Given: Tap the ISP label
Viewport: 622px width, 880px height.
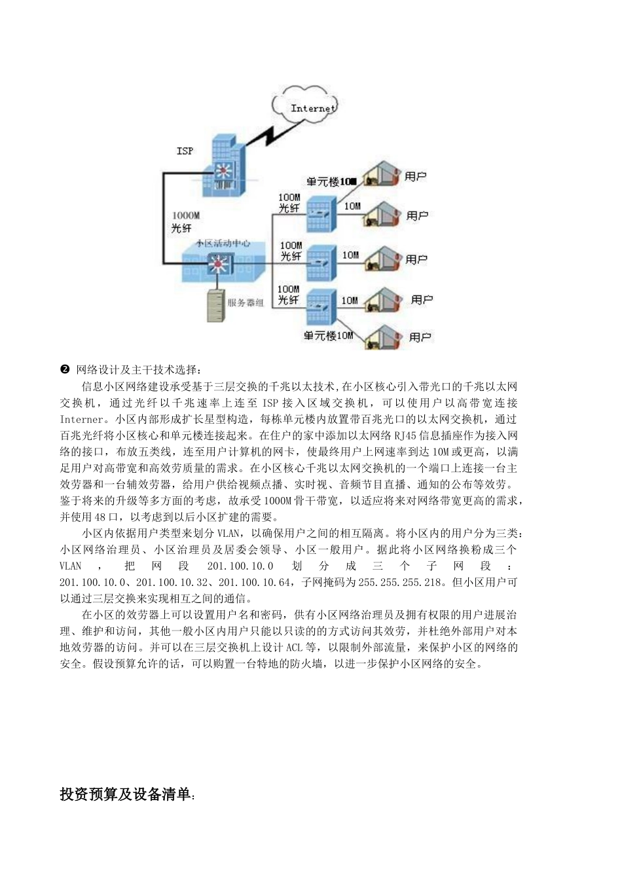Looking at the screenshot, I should [x=185, y=151].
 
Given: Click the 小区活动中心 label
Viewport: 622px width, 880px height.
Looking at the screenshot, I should [x=223, y=243].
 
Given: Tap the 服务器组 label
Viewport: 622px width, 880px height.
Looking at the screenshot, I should [x=246, y=302].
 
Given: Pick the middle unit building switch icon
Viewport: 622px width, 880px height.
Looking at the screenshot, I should [x=319, y=261].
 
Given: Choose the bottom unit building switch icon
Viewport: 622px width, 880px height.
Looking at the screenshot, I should [x=319, y=304].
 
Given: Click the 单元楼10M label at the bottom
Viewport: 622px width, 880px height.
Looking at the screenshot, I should [x=329, y=336].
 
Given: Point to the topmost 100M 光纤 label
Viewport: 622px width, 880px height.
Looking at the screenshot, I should [x=289, y=202].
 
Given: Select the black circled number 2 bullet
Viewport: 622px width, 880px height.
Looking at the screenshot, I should [x=65, y=370].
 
